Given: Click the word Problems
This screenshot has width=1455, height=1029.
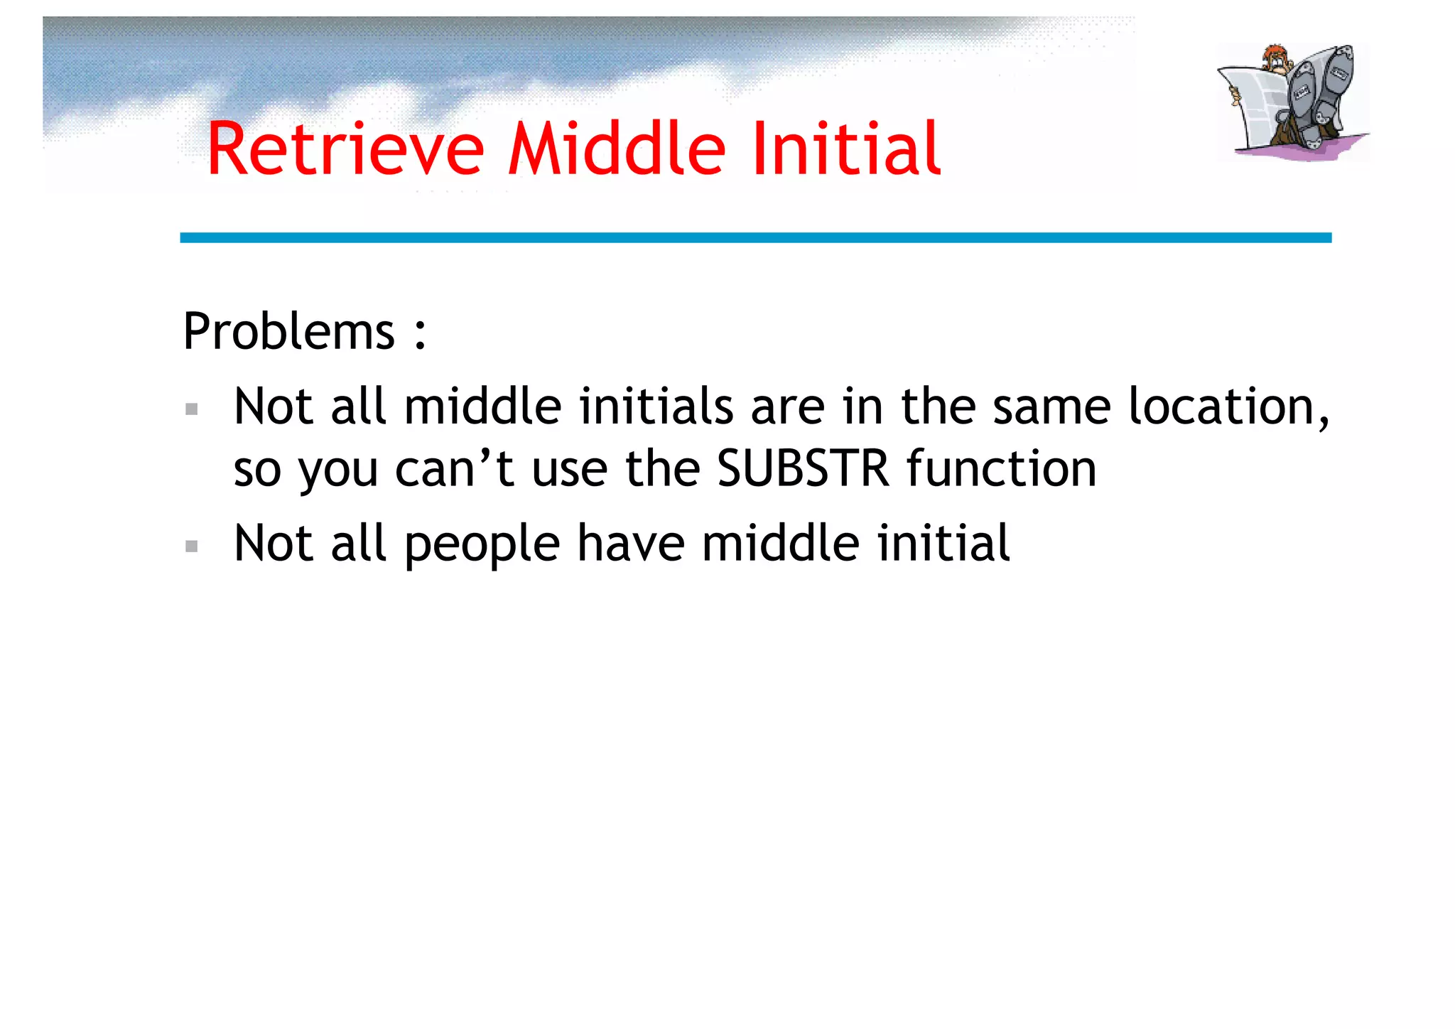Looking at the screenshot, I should coord(288,333).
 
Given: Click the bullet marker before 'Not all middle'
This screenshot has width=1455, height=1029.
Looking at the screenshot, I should coord(191,409).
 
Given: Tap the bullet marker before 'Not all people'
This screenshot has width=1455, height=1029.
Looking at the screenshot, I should coord(191,546).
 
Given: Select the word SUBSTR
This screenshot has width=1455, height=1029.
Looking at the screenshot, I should coord(803,469).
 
